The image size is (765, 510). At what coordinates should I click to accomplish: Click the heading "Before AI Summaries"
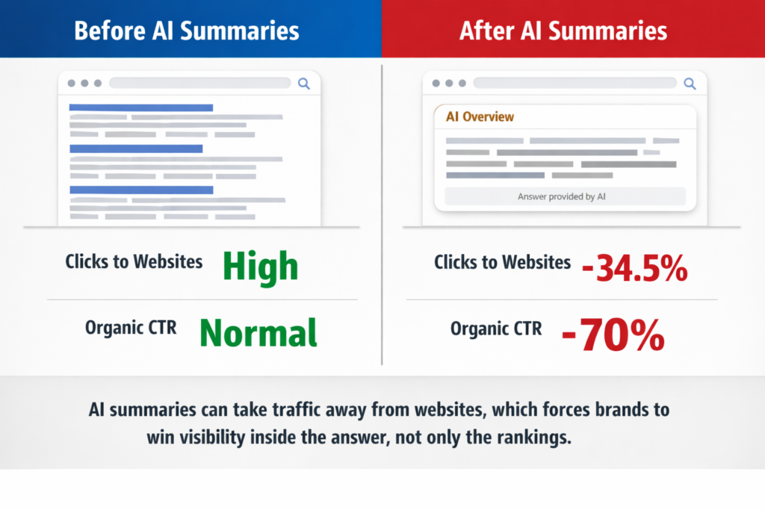pos(187,31)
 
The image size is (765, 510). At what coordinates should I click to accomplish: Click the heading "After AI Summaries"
pos(563,31)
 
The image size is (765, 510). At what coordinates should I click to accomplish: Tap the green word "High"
pos(261,267)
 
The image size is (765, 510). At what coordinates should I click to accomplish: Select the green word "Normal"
pos(258,332)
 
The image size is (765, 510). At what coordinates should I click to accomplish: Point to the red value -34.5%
pos(634,267)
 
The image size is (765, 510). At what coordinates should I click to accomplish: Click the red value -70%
pos(613,335)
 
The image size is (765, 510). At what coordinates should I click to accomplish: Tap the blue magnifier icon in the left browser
pos(304,84)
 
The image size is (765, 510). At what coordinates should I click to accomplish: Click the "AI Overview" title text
pos(480,117)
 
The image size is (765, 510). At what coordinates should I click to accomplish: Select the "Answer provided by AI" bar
pos(565,197)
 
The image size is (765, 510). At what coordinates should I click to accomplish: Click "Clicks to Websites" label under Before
pos(134,261)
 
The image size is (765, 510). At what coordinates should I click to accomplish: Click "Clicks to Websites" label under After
pos(502,262)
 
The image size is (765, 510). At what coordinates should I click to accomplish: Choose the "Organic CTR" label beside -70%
pos(496,329)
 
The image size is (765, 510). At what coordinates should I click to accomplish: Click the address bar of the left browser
pos(199,84)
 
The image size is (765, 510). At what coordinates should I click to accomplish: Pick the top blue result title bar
pos(141,108)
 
